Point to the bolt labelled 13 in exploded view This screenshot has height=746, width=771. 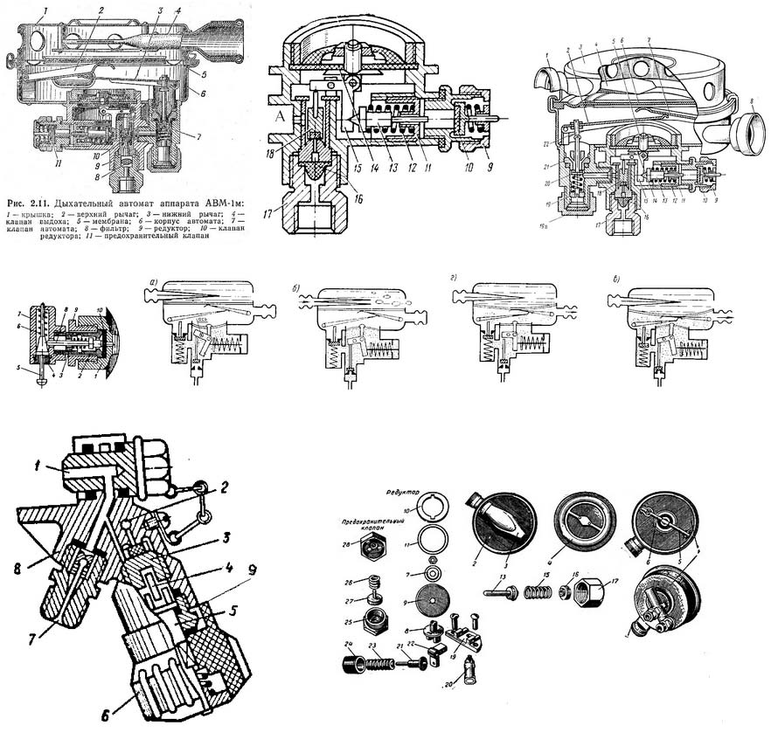505,595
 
